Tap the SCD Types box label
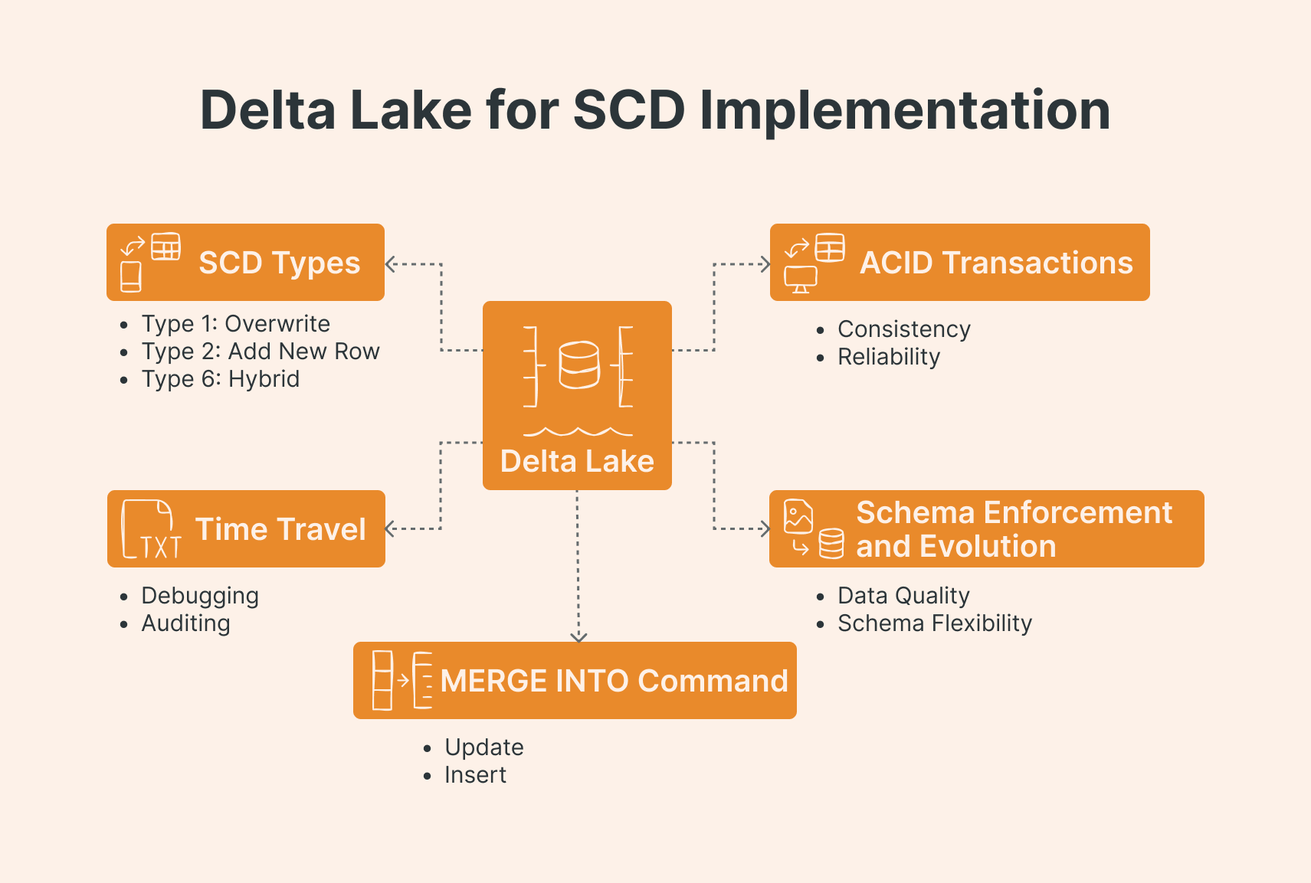click(x=279, y=263)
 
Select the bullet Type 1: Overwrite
click(x=235, y=324)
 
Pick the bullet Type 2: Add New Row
click(x=261, y=352)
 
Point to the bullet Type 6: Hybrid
click(x=220, y=379)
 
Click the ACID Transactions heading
click(x=996, y=263)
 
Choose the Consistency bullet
click(x=904, y=329)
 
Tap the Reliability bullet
click(x=889, y=357)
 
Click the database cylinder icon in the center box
click(x=578, y=365)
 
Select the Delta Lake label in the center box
click(x=577, y=461)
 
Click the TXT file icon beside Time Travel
click(x=151, y=529)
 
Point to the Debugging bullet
click(x=200, y=596)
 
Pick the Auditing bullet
click(x=185, y=623)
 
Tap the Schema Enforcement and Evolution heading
click(x=1014, y=529)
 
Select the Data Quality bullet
click(x=903, y=596)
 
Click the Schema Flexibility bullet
click(x=935, y=623)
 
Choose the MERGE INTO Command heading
click(x=614, y=681)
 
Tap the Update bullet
click(x=484, y=747)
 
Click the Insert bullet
click(x=475, y=775)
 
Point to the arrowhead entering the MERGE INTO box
click(x=578, y=637)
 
